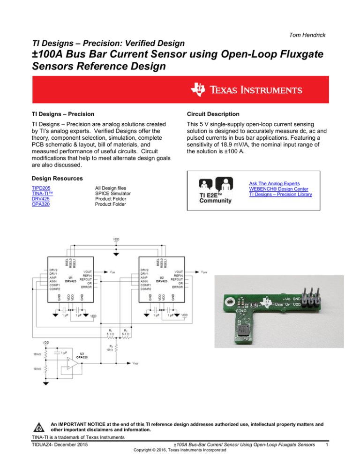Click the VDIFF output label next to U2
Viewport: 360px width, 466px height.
point(204,271)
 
